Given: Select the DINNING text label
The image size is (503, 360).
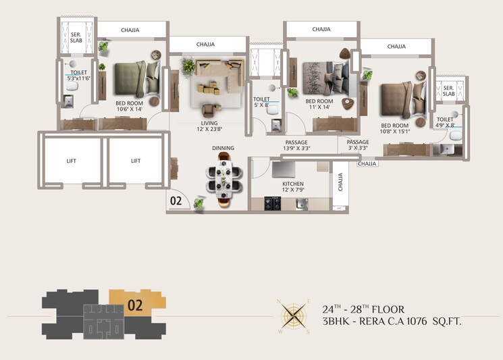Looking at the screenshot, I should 223,148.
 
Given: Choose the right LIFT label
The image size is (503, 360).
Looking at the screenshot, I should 136,161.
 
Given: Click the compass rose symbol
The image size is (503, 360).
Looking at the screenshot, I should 292,315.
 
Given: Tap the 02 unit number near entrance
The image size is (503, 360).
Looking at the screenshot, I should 176,201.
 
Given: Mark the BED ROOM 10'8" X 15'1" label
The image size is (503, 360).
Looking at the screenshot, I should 394,129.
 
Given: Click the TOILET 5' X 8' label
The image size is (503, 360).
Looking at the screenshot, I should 261,102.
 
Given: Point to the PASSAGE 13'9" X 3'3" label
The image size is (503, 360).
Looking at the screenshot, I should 296,146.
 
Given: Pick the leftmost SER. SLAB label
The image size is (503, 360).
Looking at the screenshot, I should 76,37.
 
